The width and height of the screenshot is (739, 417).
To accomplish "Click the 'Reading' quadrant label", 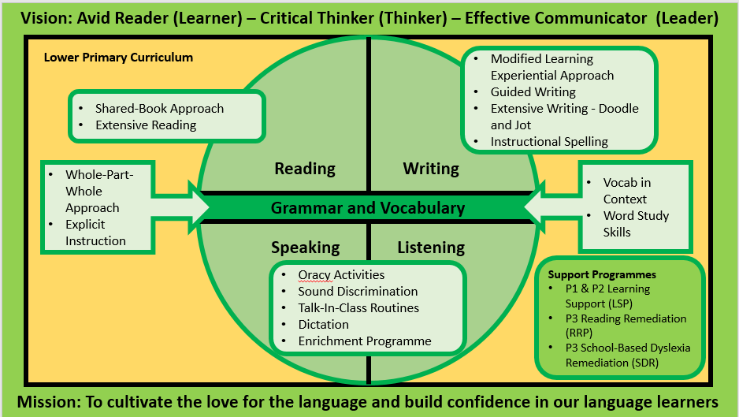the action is [305, 169].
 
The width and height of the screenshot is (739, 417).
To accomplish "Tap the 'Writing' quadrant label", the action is [431, 169].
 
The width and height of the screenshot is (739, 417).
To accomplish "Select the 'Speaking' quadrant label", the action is [306, 248].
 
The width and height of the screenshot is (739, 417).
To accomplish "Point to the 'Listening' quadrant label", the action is [431, 248].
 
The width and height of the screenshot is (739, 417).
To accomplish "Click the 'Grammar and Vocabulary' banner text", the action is [368, 208].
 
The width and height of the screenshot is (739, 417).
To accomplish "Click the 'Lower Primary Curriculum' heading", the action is [118, 58].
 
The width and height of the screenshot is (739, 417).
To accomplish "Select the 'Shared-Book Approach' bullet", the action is [159, 109].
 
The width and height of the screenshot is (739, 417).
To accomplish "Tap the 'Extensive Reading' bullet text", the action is [146, 125].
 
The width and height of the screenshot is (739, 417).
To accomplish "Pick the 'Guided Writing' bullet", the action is [533, 92].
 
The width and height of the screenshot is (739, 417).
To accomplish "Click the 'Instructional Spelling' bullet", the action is [549, 142].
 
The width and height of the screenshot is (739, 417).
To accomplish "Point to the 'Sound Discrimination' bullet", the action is [358, 292].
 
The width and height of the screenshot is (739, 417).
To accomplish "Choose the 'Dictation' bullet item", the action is [323, 325].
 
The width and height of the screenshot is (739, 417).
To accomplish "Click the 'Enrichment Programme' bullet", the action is [365, 341].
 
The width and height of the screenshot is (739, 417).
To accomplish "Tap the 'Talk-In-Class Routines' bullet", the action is [358, 308].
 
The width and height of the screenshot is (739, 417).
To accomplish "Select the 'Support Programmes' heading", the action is [602, 274].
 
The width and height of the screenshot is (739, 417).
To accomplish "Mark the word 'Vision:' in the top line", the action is [46, 18].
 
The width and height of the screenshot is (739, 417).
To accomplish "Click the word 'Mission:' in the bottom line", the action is [49, 402].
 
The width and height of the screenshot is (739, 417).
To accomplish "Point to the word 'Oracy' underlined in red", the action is [315, 275].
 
